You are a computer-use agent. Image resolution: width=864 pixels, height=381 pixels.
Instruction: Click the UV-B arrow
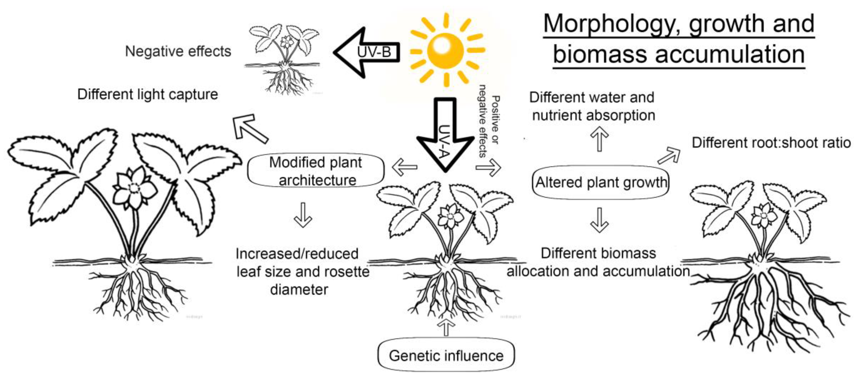(368, 52)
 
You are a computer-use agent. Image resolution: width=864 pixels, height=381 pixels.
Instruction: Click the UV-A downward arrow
(445, 138)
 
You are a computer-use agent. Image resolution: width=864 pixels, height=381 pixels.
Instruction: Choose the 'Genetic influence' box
(446, 356)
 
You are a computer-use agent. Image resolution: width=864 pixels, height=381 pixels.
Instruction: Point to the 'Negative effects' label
(178, 51)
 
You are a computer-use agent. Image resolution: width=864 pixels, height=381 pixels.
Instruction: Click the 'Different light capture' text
(148, 94)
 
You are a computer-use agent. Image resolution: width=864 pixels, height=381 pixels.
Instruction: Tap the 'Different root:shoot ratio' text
(771, 143)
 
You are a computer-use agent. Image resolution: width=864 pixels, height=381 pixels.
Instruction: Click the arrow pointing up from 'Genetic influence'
(446, 327)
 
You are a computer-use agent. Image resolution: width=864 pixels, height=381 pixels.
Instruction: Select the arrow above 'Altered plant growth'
(599, 139)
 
